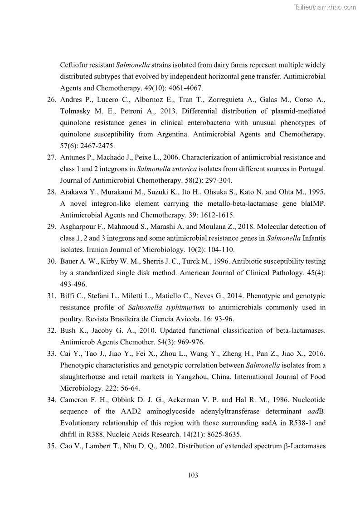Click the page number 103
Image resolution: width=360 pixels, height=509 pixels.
[193, 475]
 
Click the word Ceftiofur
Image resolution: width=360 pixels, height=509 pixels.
[76, 65]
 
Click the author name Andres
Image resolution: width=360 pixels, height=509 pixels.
[71, 99]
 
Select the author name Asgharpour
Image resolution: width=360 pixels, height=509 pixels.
[77, 226]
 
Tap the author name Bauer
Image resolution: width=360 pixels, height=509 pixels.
[69, 261]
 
